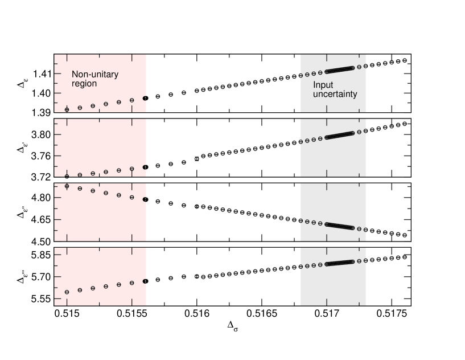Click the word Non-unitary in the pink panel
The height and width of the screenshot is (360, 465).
click(95, 75)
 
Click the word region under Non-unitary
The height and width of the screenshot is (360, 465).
click(84, 84)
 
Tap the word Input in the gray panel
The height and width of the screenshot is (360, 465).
click(323, 85)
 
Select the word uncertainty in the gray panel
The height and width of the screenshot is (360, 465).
click(335, 94)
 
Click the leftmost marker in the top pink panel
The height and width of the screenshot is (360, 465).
click(67, 109)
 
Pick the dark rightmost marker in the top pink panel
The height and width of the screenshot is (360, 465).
click(145, 99)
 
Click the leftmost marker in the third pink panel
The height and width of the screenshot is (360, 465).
click(67, 186)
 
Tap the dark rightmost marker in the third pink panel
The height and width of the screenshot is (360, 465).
click(145, 199)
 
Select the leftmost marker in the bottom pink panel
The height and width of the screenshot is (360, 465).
click(67, 292)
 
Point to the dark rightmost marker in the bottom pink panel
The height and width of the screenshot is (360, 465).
click(145, 281)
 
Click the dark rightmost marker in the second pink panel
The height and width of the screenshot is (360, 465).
click(145, 167)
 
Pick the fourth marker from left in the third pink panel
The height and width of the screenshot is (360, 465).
click(106, 193)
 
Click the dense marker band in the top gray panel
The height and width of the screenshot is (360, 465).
click(339, 70)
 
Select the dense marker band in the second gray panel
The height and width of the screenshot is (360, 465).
click(339, 136)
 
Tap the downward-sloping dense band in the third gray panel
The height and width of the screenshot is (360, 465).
click(339, 226)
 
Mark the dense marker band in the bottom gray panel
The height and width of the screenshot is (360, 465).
click(339, 263)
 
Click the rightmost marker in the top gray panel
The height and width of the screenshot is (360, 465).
click(365, 66)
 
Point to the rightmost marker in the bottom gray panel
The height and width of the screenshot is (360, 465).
click(365, 260)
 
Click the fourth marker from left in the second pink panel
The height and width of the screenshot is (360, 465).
click(106, 172)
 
